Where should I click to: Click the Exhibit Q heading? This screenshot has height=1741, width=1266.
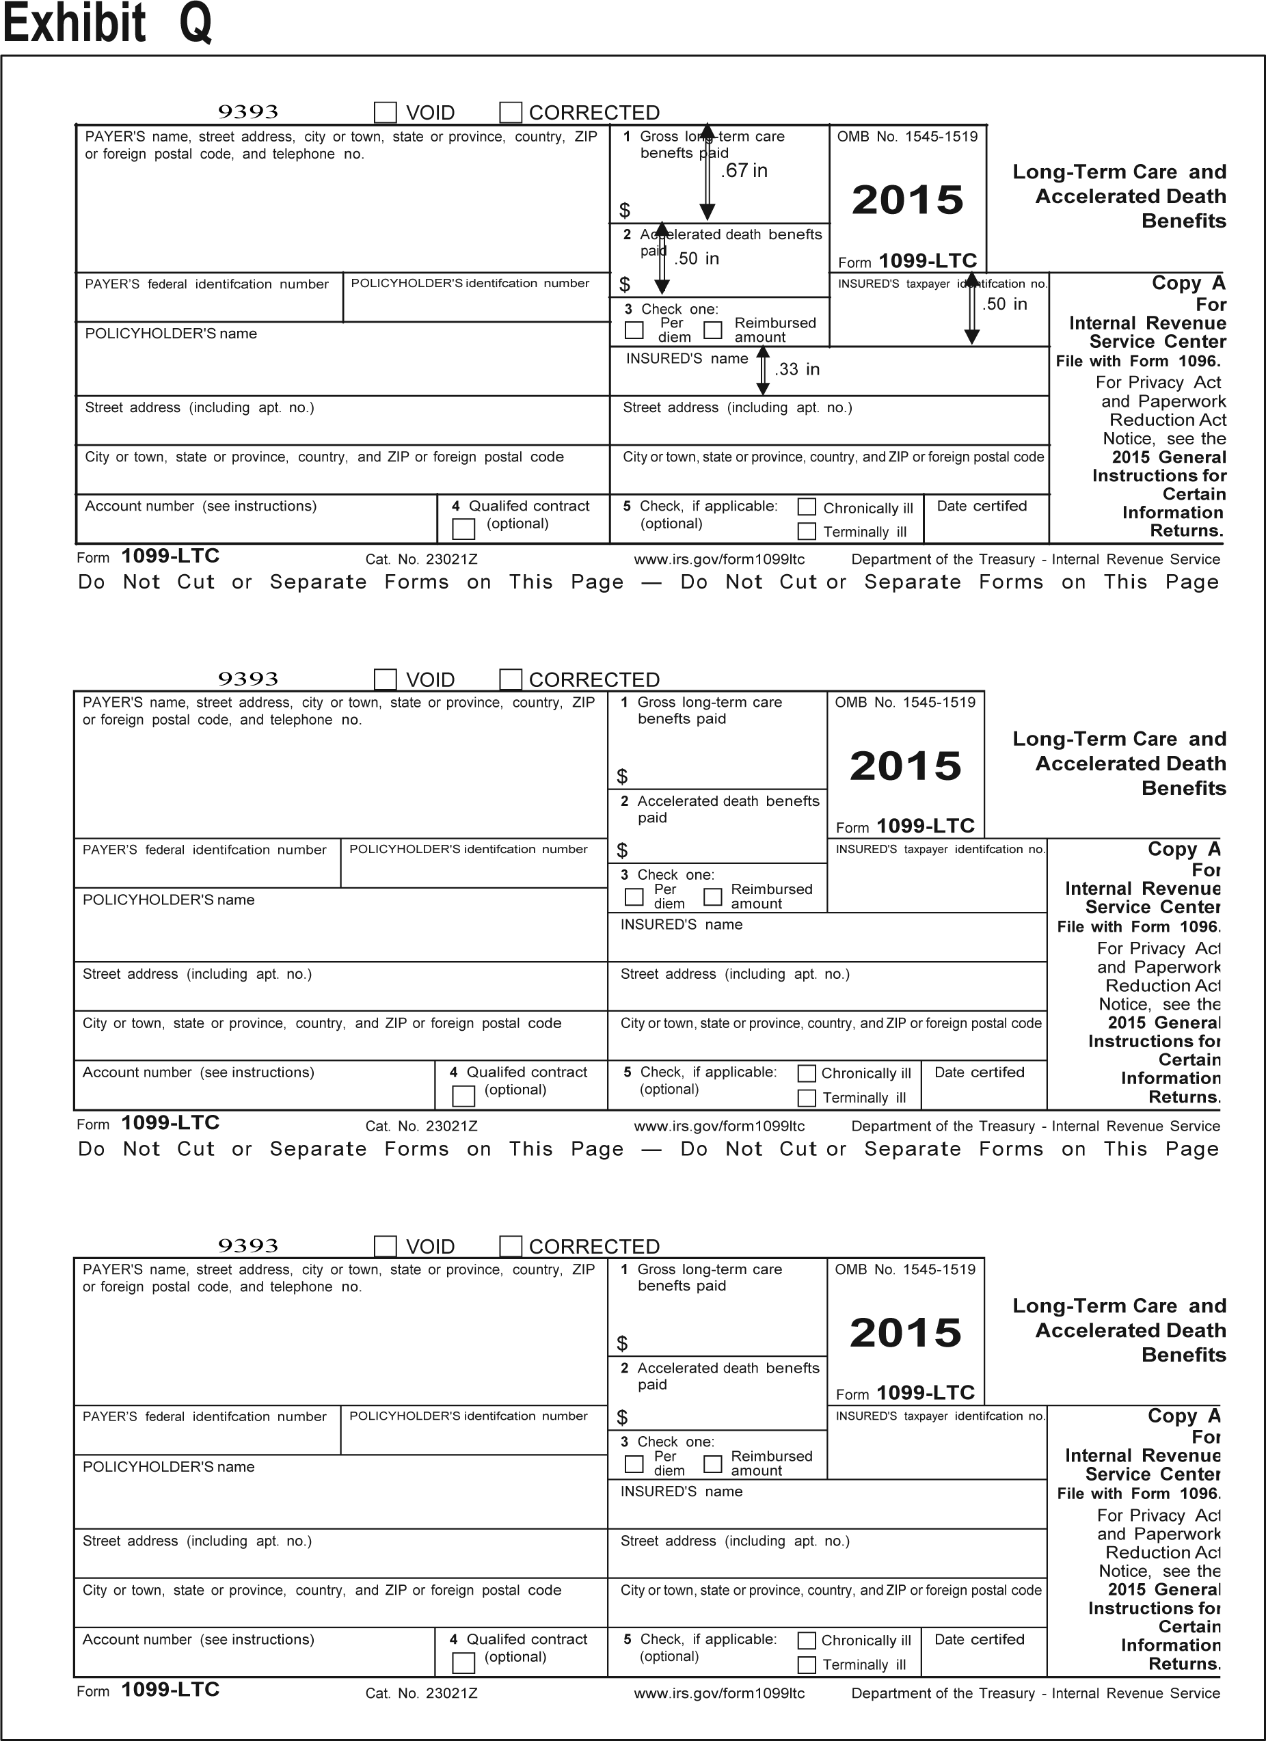point(107,23)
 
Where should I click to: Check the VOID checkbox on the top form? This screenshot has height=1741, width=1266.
point(386,113)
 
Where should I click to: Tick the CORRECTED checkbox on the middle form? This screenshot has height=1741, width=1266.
point(511,679)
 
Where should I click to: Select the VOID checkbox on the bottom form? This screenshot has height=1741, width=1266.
point(386,1246)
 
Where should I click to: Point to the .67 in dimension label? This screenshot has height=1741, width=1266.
point(744,170)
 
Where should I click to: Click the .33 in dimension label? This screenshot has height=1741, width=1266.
point(797,369)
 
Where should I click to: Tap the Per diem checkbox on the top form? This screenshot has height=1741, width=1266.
point(634,330)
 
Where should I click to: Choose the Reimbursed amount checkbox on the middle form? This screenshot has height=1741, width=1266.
point(713,897)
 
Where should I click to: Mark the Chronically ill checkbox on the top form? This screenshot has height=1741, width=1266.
point(807,507)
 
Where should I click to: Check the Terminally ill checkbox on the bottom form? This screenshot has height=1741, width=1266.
point(807,1664)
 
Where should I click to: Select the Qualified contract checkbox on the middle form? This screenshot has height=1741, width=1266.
point(463,1096)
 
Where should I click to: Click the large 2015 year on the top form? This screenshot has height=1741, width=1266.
point(908,200)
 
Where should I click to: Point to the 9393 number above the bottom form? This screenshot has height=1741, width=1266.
point(248,1245)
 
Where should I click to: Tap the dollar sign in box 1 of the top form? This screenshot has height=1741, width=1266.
point(625,211)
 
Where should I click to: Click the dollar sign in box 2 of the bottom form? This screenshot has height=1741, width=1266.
point(623,1417)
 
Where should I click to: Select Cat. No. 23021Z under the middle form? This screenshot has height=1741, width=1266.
point(422,1126)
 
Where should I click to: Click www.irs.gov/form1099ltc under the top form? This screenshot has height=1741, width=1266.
point(719,560)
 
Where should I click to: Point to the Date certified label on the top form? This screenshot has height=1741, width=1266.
point(982,506)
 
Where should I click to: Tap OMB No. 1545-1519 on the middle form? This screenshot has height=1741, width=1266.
point(905,703)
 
